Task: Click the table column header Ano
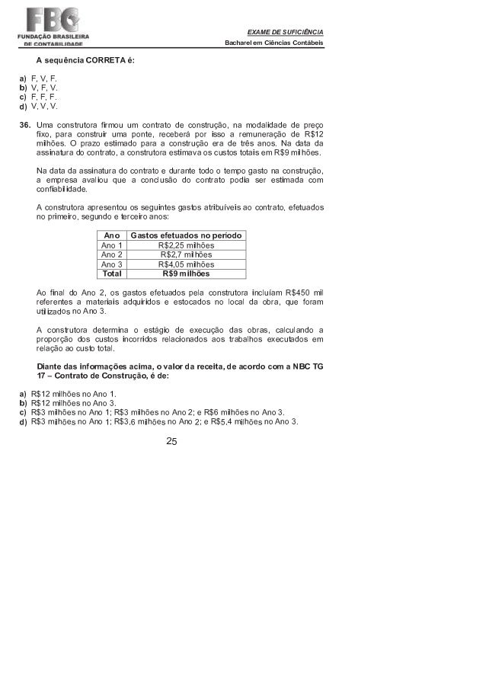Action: [112, 236]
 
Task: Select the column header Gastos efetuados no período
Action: [187, 236]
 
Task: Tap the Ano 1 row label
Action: [112, 245]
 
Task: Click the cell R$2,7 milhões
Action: [187, 254]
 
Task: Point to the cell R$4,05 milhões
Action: [187, 264]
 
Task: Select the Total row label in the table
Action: [112, 273]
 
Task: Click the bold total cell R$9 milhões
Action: [187, 273]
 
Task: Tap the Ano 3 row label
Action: [112, 264]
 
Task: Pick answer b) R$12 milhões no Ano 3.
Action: [72, 403]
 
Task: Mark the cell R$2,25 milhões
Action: [187, 245]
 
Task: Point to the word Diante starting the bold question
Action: [50, 366]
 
